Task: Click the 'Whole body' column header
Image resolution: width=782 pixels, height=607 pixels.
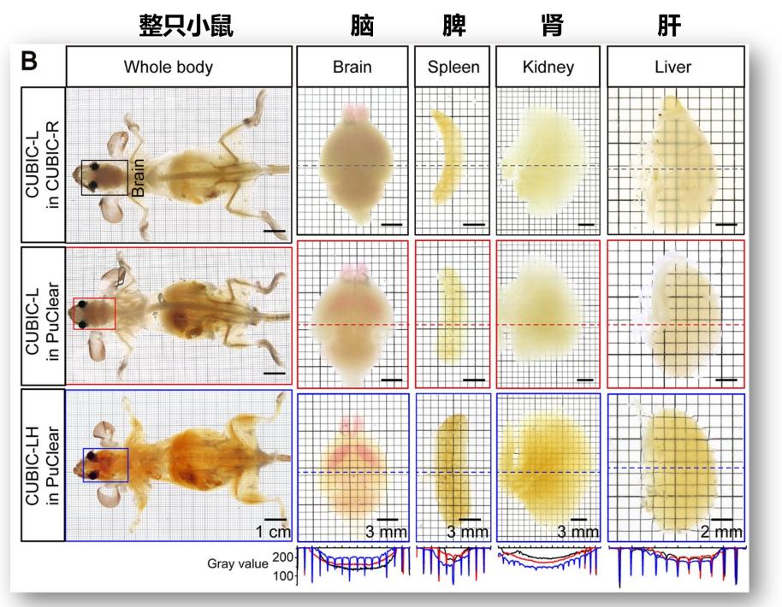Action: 178,67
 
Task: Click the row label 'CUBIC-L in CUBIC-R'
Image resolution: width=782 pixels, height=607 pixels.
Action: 33,164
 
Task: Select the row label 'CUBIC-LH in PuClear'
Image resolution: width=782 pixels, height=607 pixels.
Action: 33,466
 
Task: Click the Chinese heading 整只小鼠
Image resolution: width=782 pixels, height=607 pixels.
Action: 186,27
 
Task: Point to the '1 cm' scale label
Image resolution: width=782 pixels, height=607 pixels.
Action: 274,532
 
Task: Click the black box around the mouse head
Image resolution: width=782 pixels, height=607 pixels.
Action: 104,178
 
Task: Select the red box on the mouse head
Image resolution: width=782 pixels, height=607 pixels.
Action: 94,313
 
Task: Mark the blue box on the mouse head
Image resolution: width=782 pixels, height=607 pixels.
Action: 105,465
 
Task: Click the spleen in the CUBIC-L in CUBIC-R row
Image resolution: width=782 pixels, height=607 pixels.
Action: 446,154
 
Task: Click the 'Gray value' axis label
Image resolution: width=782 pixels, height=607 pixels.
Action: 237,564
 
